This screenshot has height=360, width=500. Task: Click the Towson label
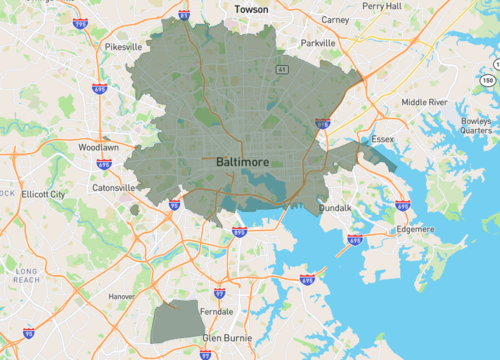pyautogui.click(x=251, y=9)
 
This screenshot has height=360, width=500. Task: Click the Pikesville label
pyautogui.click(x=124, y=46)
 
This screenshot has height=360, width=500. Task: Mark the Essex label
pyautogui.click(x=384, y=139)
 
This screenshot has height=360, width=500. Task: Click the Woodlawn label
pyautogui.click(x=98, y=147)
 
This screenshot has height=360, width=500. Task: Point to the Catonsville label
pyautogui.click(x=113, y=187)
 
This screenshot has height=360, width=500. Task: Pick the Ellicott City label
pyautogui.click(x=43, y=193)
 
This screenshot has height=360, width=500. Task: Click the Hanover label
pyautogui.click(x=122, y=296)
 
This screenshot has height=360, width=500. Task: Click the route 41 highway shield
pyautogui.click(x=283, y=70)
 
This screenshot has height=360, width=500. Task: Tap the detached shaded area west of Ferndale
pyautogui.click(x=176, y=321)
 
